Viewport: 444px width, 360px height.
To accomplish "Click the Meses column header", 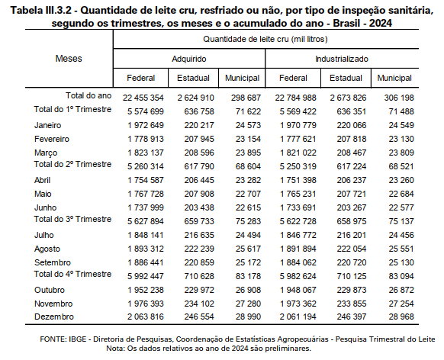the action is pos(69,59).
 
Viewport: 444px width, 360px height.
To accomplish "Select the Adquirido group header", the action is pos(189,59).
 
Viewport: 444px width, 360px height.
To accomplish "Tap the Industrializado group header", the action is pos(342,59).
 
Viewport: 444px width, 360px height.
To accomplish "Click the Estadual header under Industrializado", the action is pos(346,78).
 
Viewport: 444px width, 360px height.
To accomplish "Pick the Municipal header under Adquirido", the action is pos(242,78).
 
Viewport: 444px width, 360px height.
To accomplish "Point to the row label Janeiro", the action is pos(47,125).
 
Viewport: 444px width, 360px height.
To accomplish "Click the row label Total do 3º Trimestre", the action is pos(72,219).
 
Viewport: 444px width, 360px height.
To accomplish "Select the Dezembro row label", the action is pos(54,317).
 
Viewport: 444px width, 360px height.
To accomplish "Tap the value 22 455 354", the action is pos(143,98).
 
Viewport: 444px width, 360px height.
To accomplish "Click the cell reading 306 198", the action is pos(399,98).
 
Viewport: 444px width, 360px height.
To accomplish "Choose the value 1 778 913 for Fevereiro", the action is pos(146,139).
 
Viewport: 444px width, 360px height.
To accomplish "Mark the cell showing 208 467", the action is pos(352,153).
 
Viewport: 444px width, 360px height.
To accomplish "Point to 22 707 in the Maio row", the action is pos(248,194).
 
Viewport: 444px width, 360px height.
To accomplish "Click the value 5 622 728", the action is pos(298,221).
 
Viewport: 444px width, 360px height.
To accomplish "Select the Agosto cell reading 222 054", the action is pos(352,249).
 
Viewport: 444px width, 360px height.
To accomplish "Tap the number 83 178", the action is pos(248,276).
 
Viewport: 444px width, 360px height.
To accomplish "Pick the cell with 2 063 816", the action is pos(146,317).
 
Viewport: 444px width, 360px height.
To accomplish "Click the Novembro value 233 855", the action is pos(352,304).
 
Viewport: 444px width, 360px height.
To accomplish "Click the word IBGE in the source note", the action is pos(77,339).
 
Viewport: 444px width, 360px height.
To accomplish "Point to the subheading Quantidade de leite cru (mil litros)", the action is pos(265,39).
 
